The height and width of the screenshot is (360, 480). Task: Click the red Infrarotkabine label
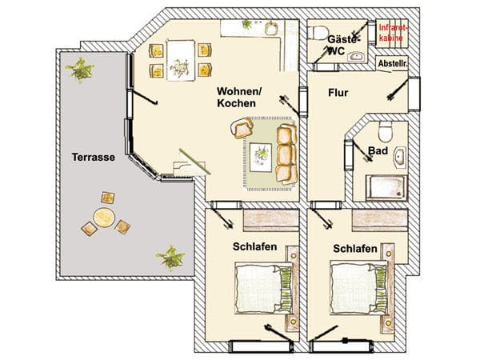(394, 33)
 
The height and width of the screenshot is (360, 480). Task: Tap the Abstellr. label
(393, 64)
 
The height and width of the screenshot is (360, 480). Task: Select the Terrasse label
(94, 157)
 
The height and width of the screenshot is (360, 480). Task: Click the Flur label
(338, 93)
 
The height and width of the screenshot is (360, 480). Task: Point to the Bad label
(378, 150)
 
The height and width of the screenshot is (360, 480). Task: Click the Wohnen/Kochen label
(238, 97)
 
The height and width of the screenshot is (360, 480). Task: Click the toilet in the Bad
(385, 131)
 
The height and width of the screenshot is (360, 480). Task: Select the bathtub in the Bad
(386, 188)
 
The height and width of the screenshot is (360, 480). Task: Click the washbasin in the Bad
(400, 158)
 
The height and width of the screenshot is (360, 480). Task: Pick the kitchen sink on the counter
(271, 29)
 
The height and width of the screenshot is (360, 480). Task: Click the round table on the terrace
(104, 218)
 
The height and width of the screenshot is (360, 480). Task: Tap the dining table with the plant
(181, 60)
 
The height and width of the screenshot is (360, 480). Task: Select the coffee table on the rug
(261, 158)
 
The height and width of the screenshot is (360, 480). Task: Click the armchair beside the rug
(242, 128)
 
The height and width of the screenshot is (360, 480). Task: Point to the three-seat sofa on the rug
(286, 154)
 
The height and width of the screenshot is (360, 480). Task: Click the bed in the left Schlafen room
(263, 287)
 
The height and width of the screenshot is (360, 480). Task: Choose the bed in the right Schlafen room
(358, 287)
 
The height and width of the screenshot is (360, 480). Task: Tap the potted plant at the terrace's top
(80, 69)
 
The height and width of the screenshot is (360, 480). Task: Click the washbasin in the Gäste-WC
(357, 56)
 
